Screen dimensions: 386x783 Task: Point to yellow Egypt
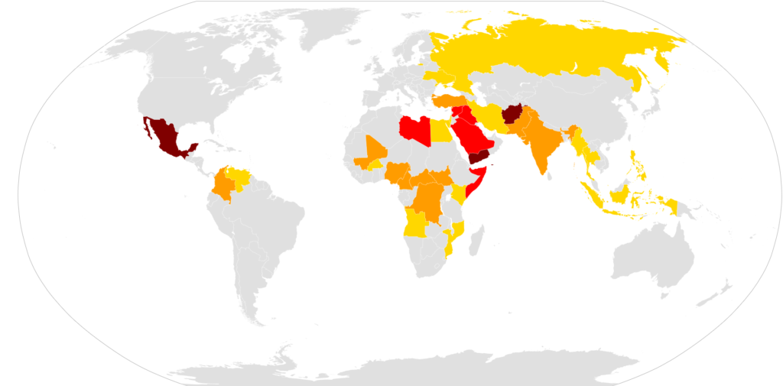tap(441, 131)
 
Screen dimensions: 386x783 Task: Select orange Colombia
tap(224, 185)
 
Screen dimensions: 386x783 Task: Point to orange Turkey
tap(452, 102)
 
